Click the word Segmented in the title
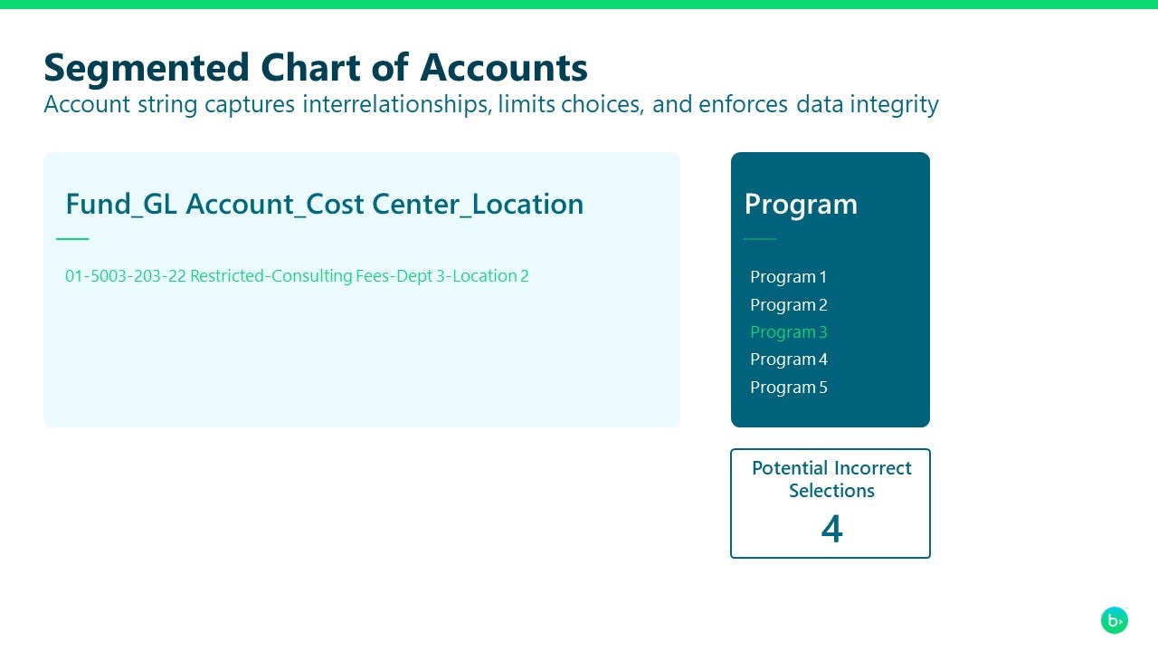click(x=146, y=68)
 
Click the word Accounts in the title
click(x=504, y=68)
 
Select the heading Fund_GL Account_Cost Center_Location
click(x=324, y=204)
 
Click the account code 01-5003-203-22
click(x=125, y=276)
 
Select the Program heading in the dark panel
click(x=801, y=204)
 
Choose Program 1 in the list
click(x=788, y=277)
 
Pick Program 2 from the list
click(x=788, y=305)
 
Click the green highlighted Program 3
click(x=788, y=332)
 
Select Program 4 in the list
click(x=788, y=360)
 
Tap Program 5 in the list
click(x=788, y=388)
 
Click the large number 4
click(x=831, y=529)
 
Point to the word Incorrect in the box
click(x=872, y=468)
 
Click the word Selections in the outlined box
click(x=831, y=491)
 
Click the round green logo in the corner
click(x=1115, y=620)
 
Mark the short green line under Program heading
click(x=760, y=239)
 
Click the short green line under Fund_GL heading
click(x=72, y=239)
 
